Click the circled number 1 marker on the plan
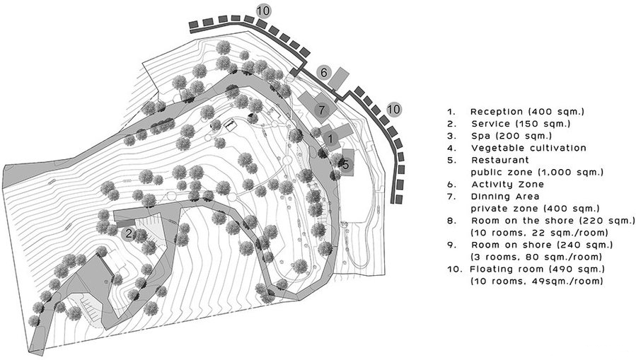330,139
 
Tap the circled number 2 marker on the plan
129,233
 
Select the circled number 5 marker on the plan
345,165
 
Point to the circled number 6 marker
324,73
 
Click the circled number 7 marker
322,110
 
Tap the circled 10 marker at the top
263,11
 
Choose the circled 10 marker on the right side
393,109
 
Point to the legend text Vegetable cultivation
529,148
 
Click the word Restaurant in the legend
500,160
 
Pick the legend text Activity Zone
507,185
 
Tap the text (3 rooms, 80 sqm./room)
536,257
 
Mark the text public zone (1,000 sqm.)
537,173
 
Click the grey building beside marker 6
339,79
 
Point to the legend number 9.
451,245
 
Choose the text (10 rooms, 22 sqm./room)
540,233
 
